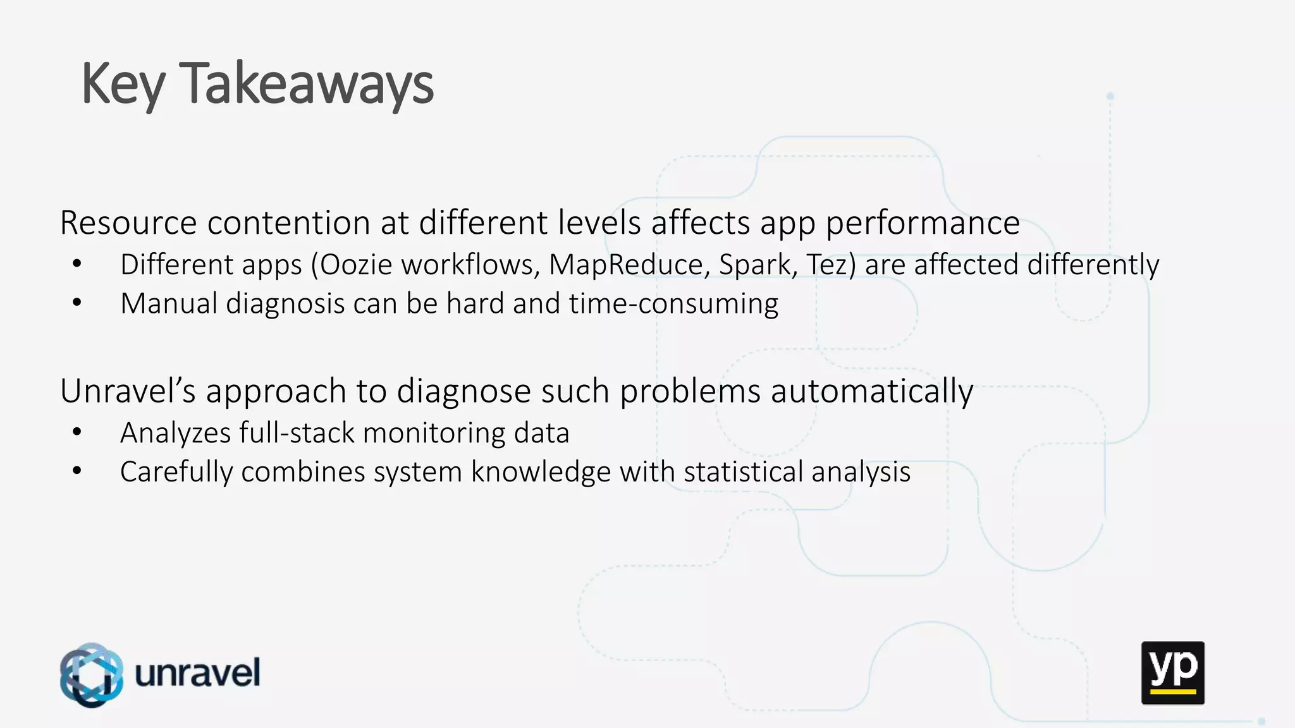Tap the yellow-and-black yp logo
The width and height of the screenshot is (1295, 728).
pyautogui.click(x=1172, y=672)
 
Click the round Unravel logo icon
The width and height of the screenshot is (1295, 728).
pyautogui.click(x=92, y=674)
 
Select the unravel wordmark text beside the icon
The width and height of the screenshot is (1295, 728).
pyautogui.click(x=197, y=672)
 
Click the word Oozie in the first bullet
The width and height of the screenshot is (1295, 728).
pyautogui.click(x=356, y=264)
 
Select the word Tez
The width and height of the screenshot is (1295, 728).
pyautogui.click(x=830, y=264)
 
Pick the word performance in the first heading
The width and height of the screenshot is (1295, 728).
pyautogui.click(x=923, y=222)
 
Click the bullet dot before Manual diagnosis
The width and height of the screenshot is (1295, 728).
pyautogui.click(x=77, y=303)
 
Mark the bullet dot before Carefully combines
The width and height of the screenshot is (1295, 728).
pyautogui.click(x=77, y=471)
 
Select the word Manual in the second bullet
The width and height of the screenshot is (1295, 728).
pyautogui.click(x=169, y=303)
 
